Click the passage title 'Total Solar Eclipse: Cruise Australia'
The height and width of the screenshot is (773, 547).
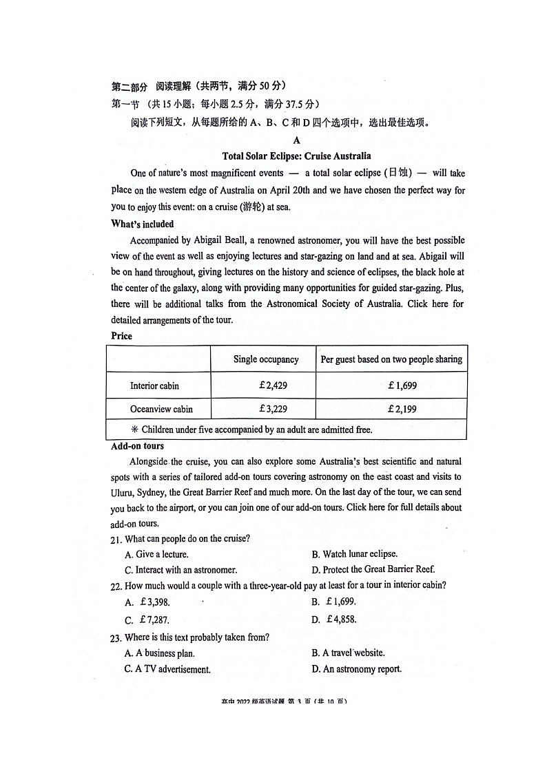pyautogui.click(x=296, y=156)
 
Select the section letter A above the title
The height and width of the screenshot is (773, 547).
pyautogui.click(x=296, y=140)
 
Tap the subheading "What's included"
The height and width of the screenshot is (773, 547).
pyautogui.click(x=142, y=224)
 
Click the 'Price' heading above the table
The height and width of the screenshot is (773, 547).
pyautogui.click(x=121, y=336)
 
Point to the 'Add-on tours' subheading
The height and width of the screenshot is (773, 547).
pyautogui.click(x=137, y=446)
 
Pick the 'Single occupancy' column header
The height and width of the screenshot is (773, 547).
pyautogui.click(x=266, y=359)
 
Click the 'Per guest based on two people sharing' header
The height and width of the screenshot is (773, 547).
pyautogui.click(x=391, y=359)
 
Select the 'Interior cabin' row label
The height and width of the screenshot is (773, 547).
pyautogui.click(x=154, y=385)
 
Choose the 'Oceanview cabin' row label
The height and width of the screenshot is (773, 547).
pyautogui.click(x=161, y=409)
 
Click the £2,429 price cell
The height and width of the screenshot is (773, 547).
pyautogui.click(x=273, y=385)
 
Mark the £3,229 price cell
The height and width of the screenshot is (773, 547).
pyautogui.click(x=273, y=409)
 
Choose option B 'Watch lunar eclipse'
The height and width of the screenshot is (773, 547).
pyautogui.click(x=354, y=554)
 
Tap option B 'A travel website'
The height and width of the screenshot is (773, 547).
pyautogui.click(x=348, y=653)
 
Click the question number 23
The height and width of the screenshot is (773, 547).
pyautogui.click(x=116, y=638)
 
